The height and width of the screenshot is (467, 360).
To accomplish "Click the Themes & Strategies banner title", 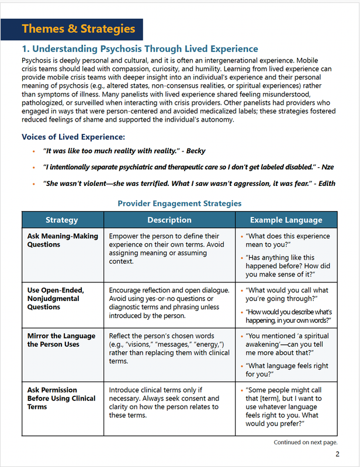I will [78, 29].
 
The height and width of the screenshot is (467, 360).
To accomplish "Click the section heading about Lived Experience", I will [140, 49].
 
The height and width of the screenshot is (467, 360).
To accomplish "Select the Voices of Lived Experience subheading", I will [73, 137].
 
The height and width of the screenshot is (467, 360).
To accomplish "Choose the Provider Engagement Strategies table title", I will [179, 203].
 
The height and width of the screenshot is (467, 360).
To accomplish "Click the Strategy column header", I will [62, 220].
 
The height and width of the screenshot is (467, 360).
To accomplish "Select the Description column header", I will [169, 220].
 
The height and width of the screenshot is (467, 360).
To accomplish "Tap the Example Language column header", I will [286, 220].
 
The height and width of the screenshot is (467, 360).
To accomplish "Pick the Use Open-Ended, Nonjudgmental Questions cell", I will [56, 298].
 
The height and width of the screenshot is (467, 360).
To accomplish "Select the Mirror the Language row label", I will [61, 340].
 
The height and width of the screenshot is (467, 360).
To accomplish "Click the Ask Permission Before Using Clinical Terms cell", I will [61, 398].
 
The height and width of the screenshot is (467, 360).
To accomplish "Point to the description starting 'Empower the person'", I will [166, 248].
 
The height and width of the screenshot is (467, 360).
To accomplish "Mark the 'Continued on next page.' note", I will [306, 442].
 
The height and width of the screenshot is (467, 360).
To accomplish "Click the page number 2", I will [337, 455].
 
